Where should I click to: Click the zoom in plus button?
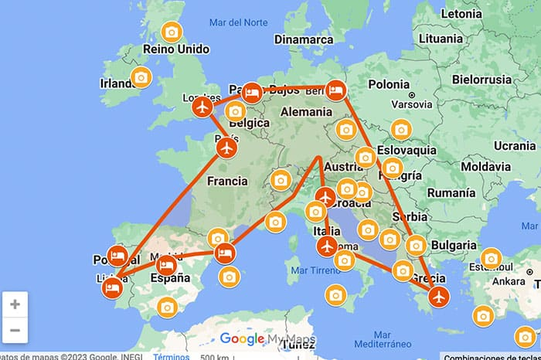pyautogui.click(x=15, y=304)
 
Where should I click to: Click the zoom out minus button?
pyautogui.click(x=15, y=331)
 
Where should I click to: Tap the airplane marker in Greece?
pyautogui.click(x=439, y=297)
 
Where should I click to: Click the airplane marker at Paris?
pyautogui.click(x=226, y=148)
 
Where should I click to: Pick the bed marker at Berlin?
pyautogui.click(x=335, y=90)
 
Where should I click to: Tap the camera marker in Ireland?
pyautogui.click(x=141, y=77)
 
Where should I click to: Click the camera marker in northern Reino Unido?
pyautogui.click(x=172, y=32)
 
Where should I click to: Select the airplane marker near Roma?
pyautogui.click(x=328, y=246)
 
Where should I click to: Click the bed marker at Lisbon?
pyautogui.click(x=112, y=289)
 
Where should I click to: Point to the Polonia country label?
pyautogui.click(x=389, y=84)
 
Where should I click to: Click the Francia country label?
pyautogui.click(x=228, y=182)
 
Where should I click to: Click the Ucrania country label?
pyautogui.click(x=514, y=145)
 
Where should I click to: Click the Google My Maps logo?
pyautogui.click(x=261, y=338)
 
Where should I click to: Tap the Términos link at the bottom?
pyautogui.click(x=171, y=356)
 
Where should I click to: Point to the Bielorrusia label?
pyautogui.click(x=481, y=79)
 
